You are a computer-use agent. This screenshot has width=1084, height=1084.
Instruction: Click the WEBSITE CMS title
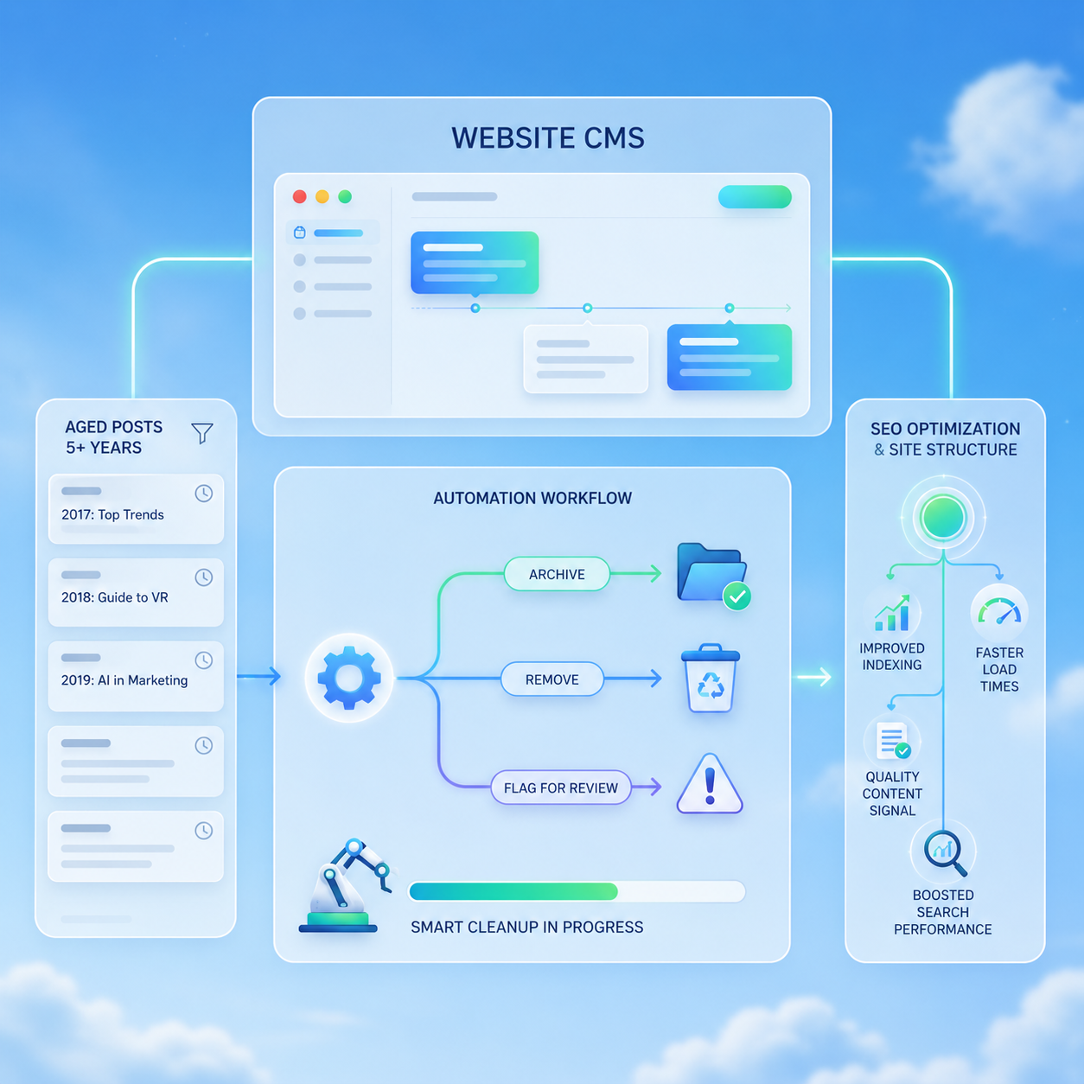[548, 137]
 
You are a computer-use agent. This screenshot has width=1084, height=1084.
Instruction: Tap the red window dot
[300, 196]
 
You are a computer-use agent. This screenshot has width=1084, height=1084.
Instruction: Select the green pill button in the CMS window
[755, 197]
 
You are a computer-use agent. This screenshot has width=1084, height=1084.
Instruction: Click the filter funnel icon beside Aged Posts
[202, 433]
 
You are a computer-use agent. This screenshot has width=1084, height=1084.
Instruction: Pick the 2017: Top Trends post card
[136, 508]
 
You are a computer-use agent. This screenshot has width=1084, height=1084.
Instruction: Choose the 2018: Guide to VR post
[136, 592]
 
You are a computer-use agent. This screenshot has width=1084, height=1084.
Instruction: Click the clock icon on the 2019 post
[204, 660]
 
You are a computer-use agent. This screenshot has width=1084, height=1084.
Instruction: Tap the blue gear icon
[348, 678]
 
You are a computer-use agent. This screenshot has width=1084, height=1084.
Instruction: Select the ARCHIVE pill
[557, 574]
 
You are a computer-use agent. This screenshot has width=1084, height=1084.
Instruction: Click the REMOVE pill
[552, 679]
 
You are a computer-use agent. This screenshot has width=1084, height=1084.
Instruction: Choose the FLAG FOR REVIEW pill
[561, 787]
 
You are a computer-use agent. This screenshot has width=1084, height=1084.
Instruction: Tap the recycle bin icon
[711, 678]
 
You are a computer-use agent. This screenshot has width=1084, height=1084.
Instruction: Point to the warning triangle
[710, 784]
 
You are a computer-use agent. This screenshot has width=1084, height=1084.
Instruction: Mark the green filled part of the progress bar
[513, 891]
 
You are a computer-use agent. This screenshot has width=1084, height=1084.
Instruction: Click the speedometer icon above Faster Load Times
[999, 612]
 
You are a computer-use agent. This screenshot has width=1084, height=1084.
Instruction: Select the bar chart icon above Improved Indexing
[892, 613]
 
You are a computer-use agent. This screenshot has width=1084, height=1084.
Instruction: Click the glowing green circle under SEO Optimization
[943, 518]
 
